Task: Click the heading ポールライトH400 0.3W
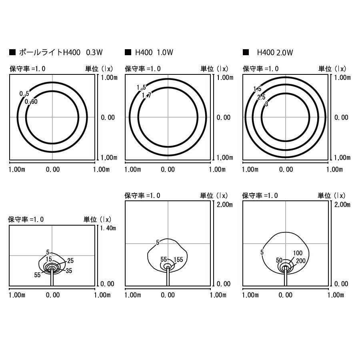click(x=61, y=52)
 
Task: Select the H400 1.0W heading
click(x=154, y=52)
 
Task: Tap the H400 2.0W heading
click(x=275, y=52)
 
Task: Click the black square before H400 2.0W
click(x=246, y=52)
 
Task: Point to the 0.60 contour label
click(x=31, y=102)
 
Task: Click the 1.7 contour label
click(x=146, y=95)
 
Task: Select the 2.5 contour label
click(x=261, y=97)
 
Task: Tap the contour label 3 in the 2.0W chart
click(x=266, y=104)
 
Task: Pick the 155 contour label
click(x=178, y=260)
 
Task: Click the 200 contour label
click(x=300, y=261)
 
